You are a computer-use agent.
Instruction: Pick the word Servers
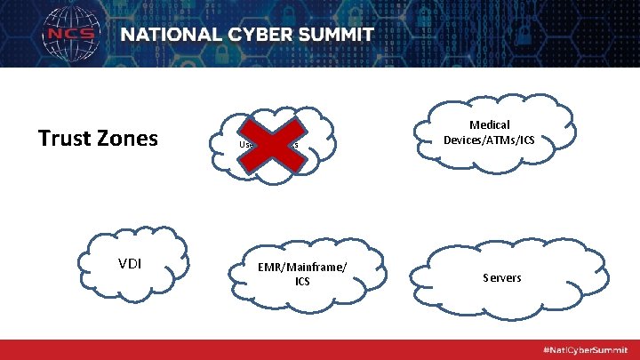coord(502,278)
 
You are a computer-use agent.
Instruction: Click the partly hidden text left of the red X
coord(245,144)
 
